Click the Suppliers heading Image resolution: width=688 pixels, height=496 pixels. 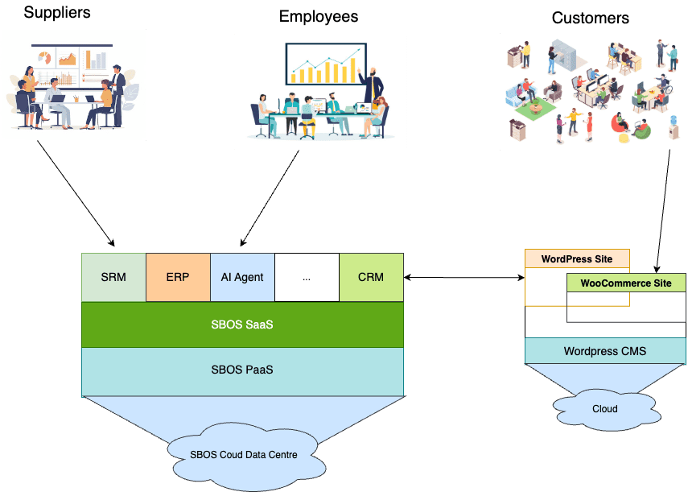57,13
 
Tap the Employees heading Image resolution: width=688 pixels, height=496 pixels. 319,17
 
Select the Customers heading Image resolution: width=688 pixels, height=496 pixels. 590,18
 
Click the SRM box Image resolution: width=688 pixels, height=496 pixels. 113,278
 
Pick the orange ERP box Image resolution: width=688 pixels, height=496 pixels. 178,278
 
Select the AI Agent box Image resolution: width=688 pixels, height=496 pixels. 243,278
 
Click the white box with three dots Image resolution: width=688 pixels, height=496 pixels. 307,278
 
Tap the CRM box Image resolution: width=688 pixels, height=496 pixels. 371,278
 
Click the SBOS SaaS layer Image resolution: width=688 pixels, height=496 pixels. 243,324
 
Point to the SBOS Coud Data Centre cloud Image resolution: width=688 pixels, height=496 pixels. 245,456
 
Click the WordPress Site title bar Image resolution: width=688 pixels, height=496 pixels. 577,259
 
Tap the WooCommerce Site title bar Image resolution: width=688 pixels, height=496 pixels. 626,283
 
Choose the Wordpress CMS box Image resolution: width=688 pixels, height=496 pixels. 605,351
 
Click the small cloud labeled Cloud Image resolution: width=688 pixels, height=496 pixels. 606,409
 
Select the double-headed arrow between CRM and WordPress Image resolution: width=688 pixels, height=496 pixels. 464,278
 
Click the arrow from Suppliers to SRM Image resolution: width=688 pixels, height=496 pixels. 76,193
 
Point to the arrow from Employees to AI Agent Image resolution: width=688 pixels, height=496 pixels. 270,198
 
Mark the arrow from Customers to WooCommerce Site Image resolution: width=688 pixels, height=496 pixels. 663,211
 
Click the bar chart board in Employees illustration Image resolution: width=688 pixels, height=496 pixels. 326,64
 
